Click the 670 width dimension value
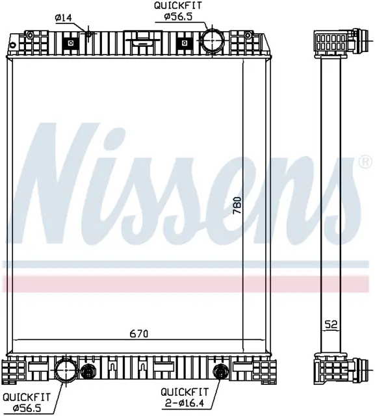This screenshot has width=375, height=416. pyautogui.click(x=138, y=333)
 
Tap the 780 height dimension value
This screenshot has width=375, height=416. pyautogui.click(x=237, y=205)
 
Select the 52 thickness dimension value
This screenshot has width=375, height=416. pyautogui.click(x=331, y=324)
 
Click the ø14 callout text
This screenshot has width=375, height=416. pyautogui.click(x=64, y=18)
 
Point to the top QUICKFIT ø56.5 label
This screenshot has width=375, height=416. pyautogui.click(x=178, y=11)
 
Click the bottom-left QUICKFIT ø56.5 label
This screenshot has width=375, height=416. pyautogui.click(x=26, y=402)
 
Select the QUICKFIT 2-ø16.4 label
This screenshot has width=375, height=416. pyautogui.click(x=185, y=397)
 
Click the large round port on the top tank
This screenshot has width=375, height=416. pyautogui.click(x=212, y=40)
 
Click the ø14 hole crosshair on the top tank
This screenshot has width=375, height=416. pyautogui.click(x=88, y=34)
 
